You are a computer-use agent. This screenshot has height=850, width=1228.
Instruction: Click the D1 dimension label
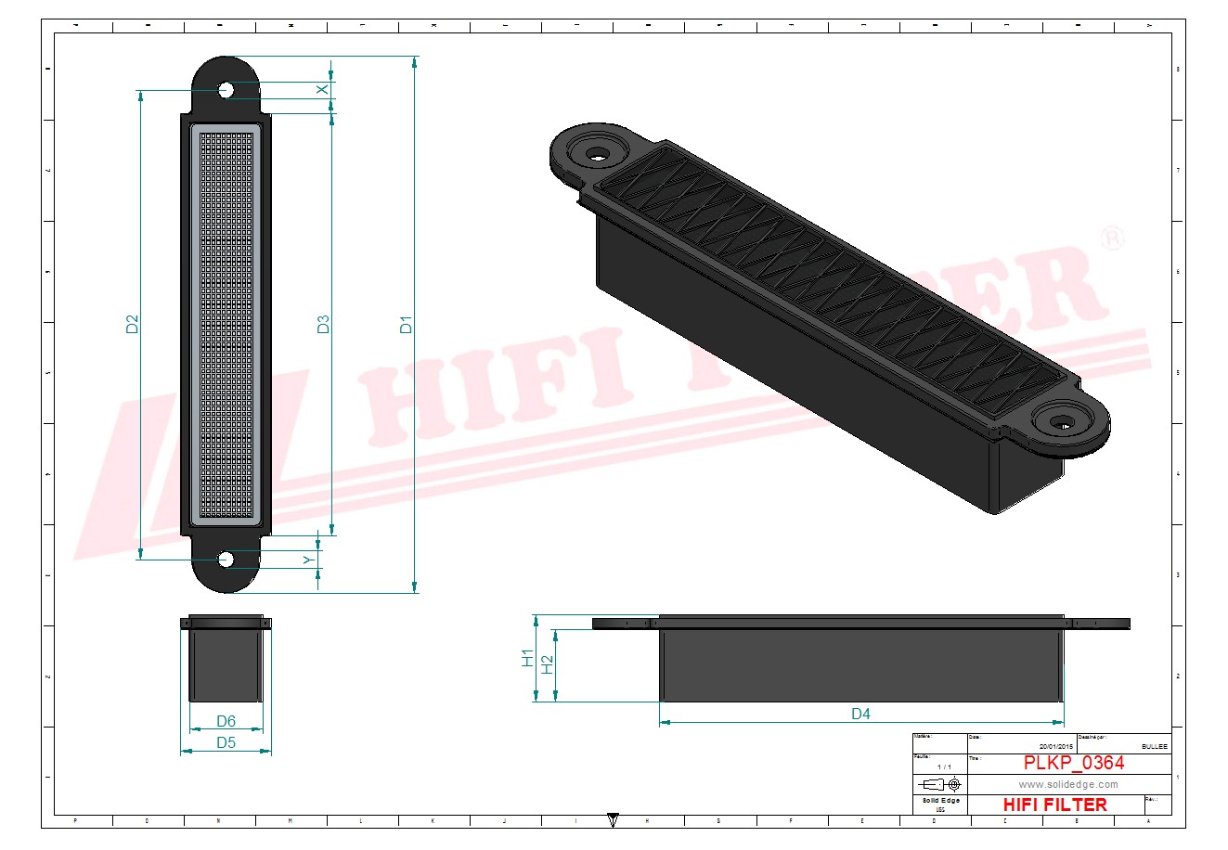tap(406, 325)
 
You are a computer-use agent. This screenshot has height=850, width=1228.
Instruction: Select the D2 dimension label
tap(132, 325)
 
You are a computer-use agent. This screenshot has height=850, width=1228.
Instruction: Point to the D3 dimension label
tap(323, 325)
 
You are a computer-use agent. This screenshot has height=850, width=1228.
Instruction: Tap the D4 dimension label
tap(860, 714)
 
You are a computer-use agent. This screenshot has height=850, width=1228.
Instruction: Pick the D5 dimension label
tap(226, 742)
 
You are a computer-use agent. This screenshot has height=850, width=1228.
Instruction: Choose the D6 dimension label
tap(226, 721)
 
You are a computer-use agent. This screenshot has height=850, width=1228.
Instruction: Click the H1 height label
tap(527, 658)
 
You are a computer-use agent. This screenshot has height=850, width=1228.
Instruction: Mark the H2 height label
tap(547, 664)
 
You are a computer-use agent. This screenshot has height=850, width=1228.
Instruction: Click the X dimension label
tap(322, 89)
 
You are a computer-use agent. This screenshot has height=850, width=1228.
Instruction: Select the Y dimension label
tap(308, 560)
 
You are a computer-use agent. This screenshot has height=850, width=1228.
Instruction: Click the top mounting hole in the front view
tap(226, 90)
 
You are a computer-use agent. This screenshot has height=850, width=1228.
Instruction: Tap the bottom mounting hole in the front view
tap(226, 559)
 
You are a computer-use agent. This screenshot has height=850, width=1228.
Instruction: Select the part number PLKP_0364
tap(1074, 763)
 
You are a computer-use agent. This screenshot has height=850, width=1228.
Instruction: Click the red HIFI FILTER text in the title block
tap(1055, 805)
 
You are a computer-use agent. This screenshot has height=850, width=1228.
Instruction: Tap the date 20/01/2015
tap(1055, 746)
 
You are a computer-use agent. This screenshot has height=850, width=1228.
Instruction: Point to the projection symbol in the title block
tap(940, 784)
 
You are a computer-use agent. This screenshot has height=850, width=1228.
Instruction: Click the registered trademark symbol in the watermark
tap(1111, 238)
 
